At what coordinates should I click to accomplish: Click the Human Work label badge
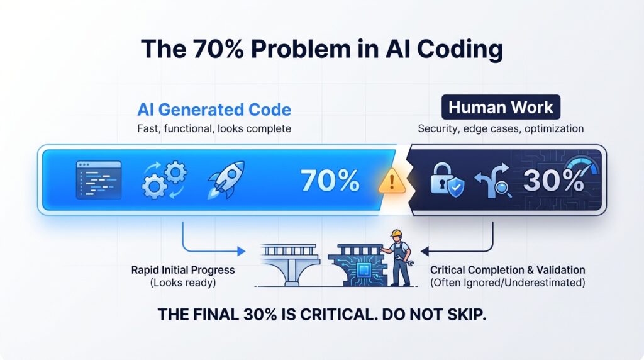click(x=501, y=108)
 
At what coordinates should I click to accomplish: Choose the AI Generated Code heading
click(x=214, y=110)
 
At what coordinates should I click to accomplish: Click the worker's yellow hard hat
click(x=396, y=234)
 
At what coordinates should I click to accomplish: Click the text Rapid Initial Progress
click(x=183, y=270)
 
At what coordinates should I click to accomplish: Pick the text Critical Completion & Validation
click(x=508, y=270)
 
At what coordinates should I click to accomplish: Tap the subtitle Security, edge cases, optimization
click(x=501, y=128)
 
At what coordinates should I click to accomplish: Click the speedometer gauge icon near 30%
click(x=579, y=166)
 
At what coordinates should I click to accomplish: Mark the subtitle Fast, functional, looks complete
click(x=213, y=129)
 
